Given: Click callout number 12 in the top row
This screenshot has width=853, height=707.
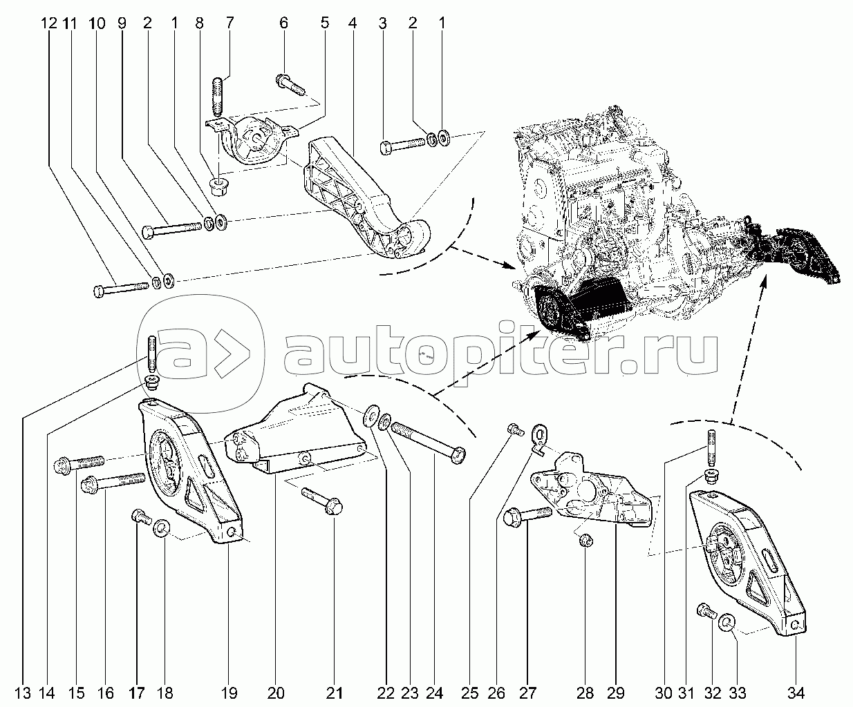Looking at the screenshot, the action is tap(49, 23).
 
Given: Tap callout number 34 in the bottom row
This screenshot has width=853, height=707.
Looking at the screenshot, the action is tap(796, 693).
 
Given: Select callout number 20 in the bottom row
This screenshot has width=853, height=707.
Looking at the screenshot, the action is tap(276, 693).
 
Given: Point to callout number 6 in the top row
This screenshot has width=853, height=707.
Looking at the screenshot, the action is tap(283, 23).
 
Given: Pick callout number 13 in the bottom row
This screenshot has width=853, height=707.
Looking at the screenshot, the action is tap(23, 693).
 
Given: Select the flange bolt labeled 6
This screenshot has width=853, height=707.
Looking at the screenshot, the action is tap(290, 84).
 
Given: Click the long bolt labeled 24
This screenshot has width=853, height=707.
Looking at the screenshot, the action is tap(429, 443).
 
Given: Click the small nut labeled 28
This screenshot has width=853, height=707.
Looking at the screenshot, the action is tap(585, 541).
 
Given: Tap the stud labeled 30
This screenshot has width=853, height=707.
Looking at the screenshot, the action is tap(711, 448).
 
